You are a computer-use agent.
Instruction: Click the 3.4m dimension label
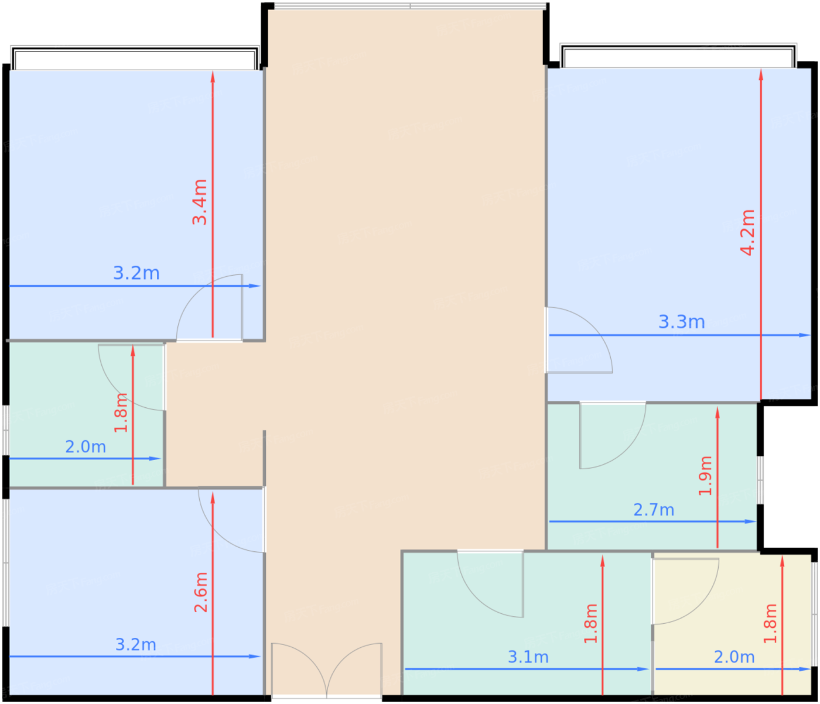pyautogui.click(x=200, y=202)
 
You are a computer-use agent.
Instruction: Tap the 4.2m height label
pyautogui.click(x=748, y=232)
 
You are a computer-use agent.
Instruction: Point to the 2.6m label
pyautogui.click(x=201, y=593)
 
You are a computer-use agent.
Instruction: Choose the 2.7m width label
pyautogui.click(x=654, y=510)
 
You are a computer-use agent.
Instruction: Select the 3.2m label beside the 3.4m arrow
pyautogui.click(x=136, y=273)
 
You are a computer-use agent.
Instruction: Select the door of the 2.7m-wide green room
pyautogui.click(x=612, y=436)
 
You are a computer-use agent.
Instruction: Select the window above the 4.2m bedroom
pyautogui.click(x=678, y=57)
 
